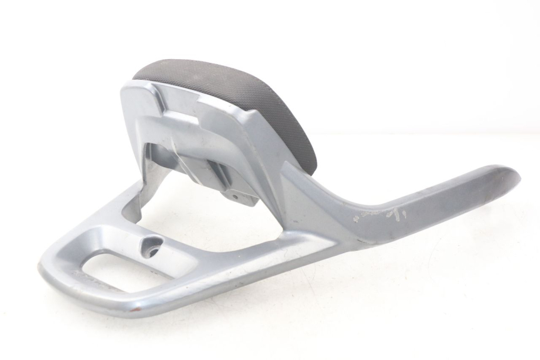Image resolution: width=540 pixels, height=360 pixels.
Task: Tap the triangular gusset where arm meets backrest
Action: coord(295,182)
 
